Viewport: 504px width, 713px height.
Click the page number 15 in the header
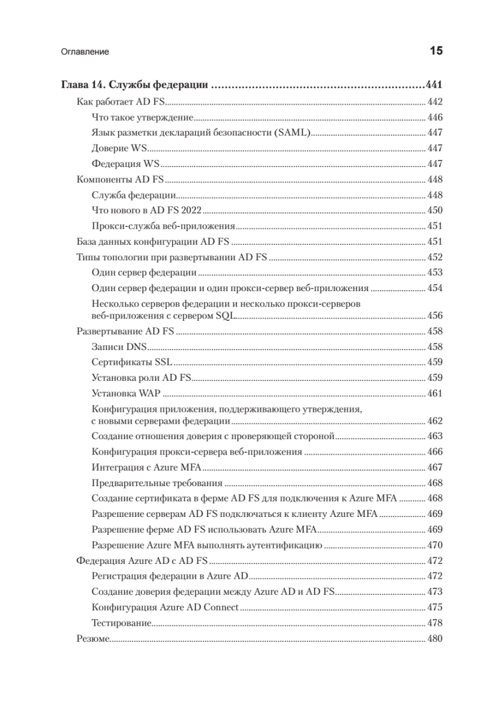[436, 51]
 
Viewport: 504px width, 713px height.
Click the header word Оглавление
[85, 52]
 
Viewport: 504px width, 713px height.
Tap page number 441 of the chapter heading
[435, 84]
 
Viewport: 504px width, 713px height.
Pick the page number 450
[435, 210]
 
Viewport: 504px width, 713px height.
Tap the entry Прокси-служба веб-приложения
[164, 226]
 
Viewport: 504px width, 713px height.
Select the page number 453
[435, 273]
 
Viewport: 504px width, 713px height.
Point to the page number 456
[435, 316]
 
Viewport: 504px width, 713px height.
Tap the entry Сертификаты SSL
[131, 362]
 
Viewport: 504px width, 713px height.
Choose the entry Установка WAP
[127, 393]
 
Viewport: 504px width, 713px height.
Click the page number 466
[435, 452]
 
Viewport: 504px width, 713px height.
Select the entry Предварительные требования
[157, 482]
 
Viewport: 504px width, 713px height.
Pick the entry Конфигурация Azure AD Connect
[165, 607]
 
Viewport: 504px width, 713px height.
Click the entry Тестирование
[121, 623]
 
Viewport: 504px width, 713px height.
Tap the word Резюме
[93, 639]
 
